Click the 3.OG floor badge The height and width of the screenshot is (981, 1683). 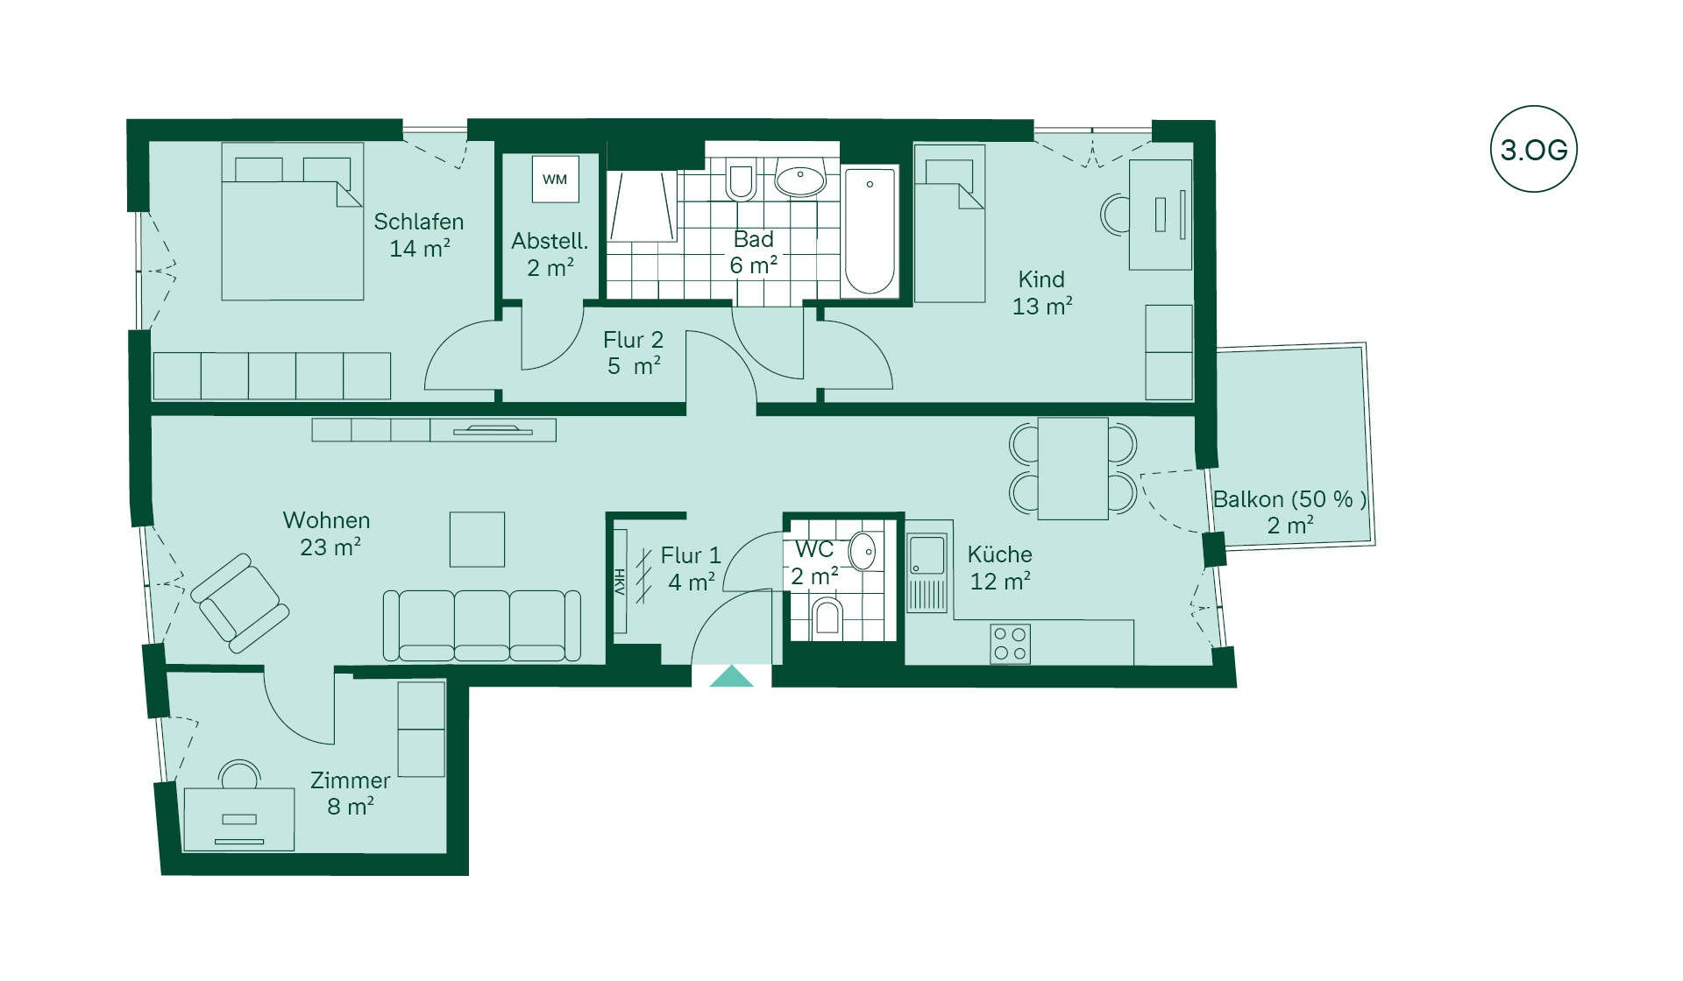point(1533,149)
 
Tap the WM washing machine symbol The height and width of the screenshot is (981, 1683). point(555,180)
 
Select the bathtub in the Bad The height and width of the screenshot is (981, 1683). point(870,231)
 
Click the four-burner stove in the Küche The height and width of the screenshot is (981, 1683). point(1010,644)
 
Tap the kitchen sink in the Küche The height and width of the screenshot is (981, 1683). point(927,573)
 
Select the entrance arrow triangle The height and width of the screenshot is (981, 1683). point(731,676)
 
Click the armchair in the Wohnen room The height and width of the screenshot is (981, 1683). point(239,603)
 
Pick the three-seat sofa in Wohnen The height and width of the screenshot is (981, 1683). point(482,625)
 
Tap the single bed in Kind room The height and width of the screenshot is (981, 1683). point(949,223)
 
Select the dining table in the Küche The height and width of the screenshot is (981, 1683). point(1073,469)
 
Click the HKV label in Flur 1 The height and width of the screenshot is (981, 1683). point(619,582)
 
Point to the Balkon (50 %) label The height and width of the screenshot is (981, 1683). point(1289,499)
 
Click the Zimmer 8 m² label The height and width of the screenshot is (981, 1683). point(351,794)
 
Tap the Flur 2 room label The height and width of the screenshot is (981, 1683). point(633,340)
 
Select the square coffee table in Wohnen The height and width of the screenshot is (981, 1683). point(477,540)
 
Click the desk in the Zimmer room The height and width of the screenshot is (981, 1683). point(238,819)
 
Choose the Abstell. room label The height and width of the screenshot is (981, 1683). point(550,241)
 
